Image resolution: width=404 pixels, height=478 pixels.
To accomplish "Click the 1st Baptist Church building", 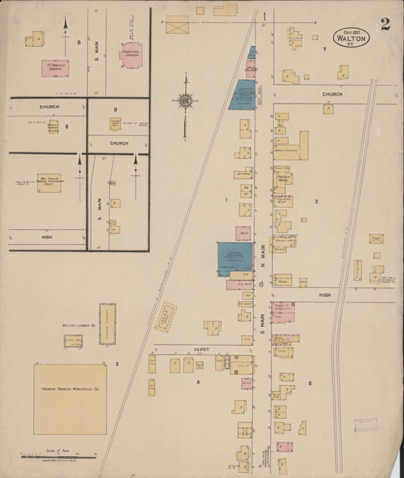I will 53,68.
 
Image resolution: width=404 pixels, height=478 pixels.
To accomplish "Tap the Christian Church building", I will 130,54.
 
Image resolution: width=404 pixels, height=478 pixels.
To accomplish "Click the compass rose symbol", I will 184,100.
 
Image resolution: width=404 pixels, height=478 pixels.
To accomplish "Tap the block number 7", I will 324,49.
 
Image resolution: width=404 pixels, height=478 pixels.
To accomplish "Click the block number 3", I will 117,365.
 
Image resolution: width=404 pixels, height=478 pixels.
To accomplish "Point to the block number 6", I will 79,42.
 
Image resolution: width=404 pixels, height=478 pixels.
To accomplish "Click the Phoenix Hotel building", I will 284,180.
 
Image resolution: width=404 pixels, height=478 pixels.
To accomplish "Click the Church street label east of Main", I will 332,95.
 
